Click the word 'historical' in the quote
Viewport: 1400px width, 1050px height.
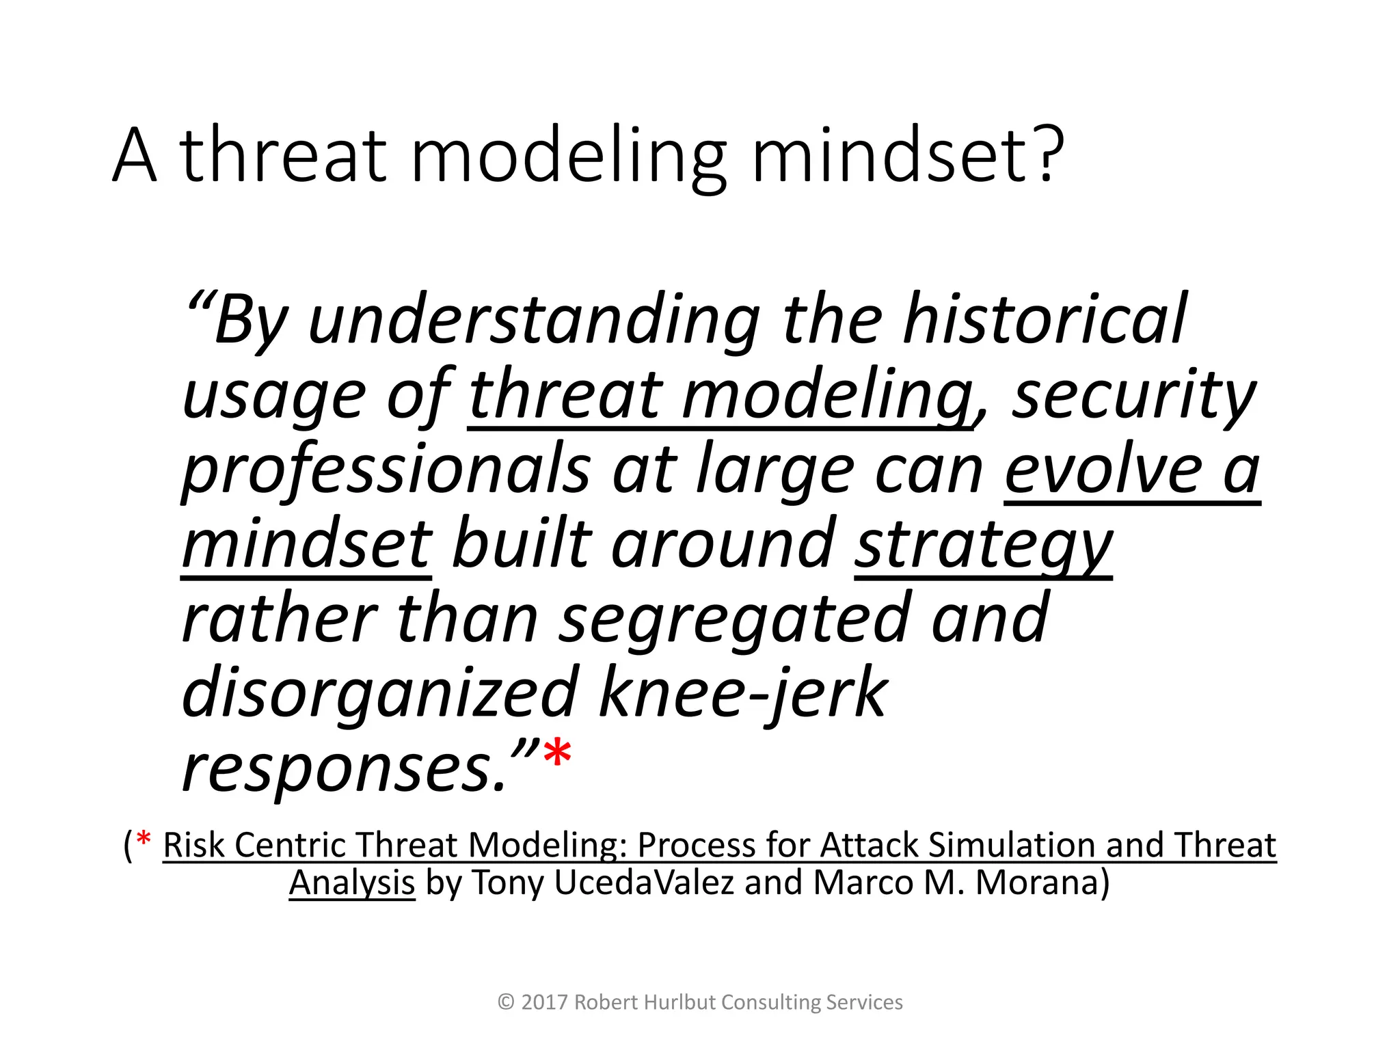point(1045,320)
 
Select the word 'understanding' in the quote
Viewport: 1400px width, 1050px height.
point(534,320)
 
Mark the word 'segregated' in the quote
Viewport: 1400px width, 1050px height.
point(735,619)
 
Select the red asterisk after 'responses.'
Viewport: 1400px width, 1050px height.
point(557,754)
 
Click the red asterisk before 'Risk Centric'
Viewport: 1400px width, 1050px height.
point(144,839)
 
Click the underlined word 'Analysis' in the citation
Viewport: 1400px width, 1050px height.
point(352,883)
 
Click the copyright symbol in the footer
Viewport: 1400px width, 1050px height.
point(506,1002)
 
